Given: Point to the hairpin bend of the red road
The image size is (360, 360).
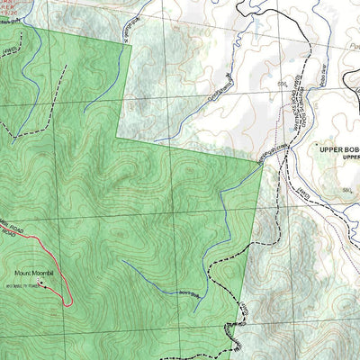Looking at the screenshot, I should [x=70, y=304].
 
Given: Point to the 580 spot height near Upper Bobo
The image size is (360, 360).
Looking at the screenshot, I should [x=345, y=192].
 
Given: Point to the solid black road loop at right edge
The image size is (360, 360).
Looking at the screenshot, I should [x=355, y=99].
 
